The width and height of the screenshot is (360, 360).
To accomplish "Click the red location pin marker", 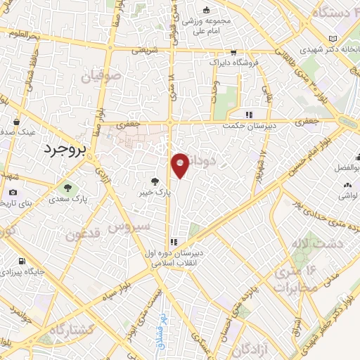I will (x=181, y=166).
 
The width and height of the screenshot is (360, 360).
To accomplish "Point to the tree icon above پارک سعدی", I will (x=67, y=188).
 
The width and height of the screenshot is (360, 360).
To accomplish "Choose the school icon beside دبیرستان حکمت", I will (x=248, y=115).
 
